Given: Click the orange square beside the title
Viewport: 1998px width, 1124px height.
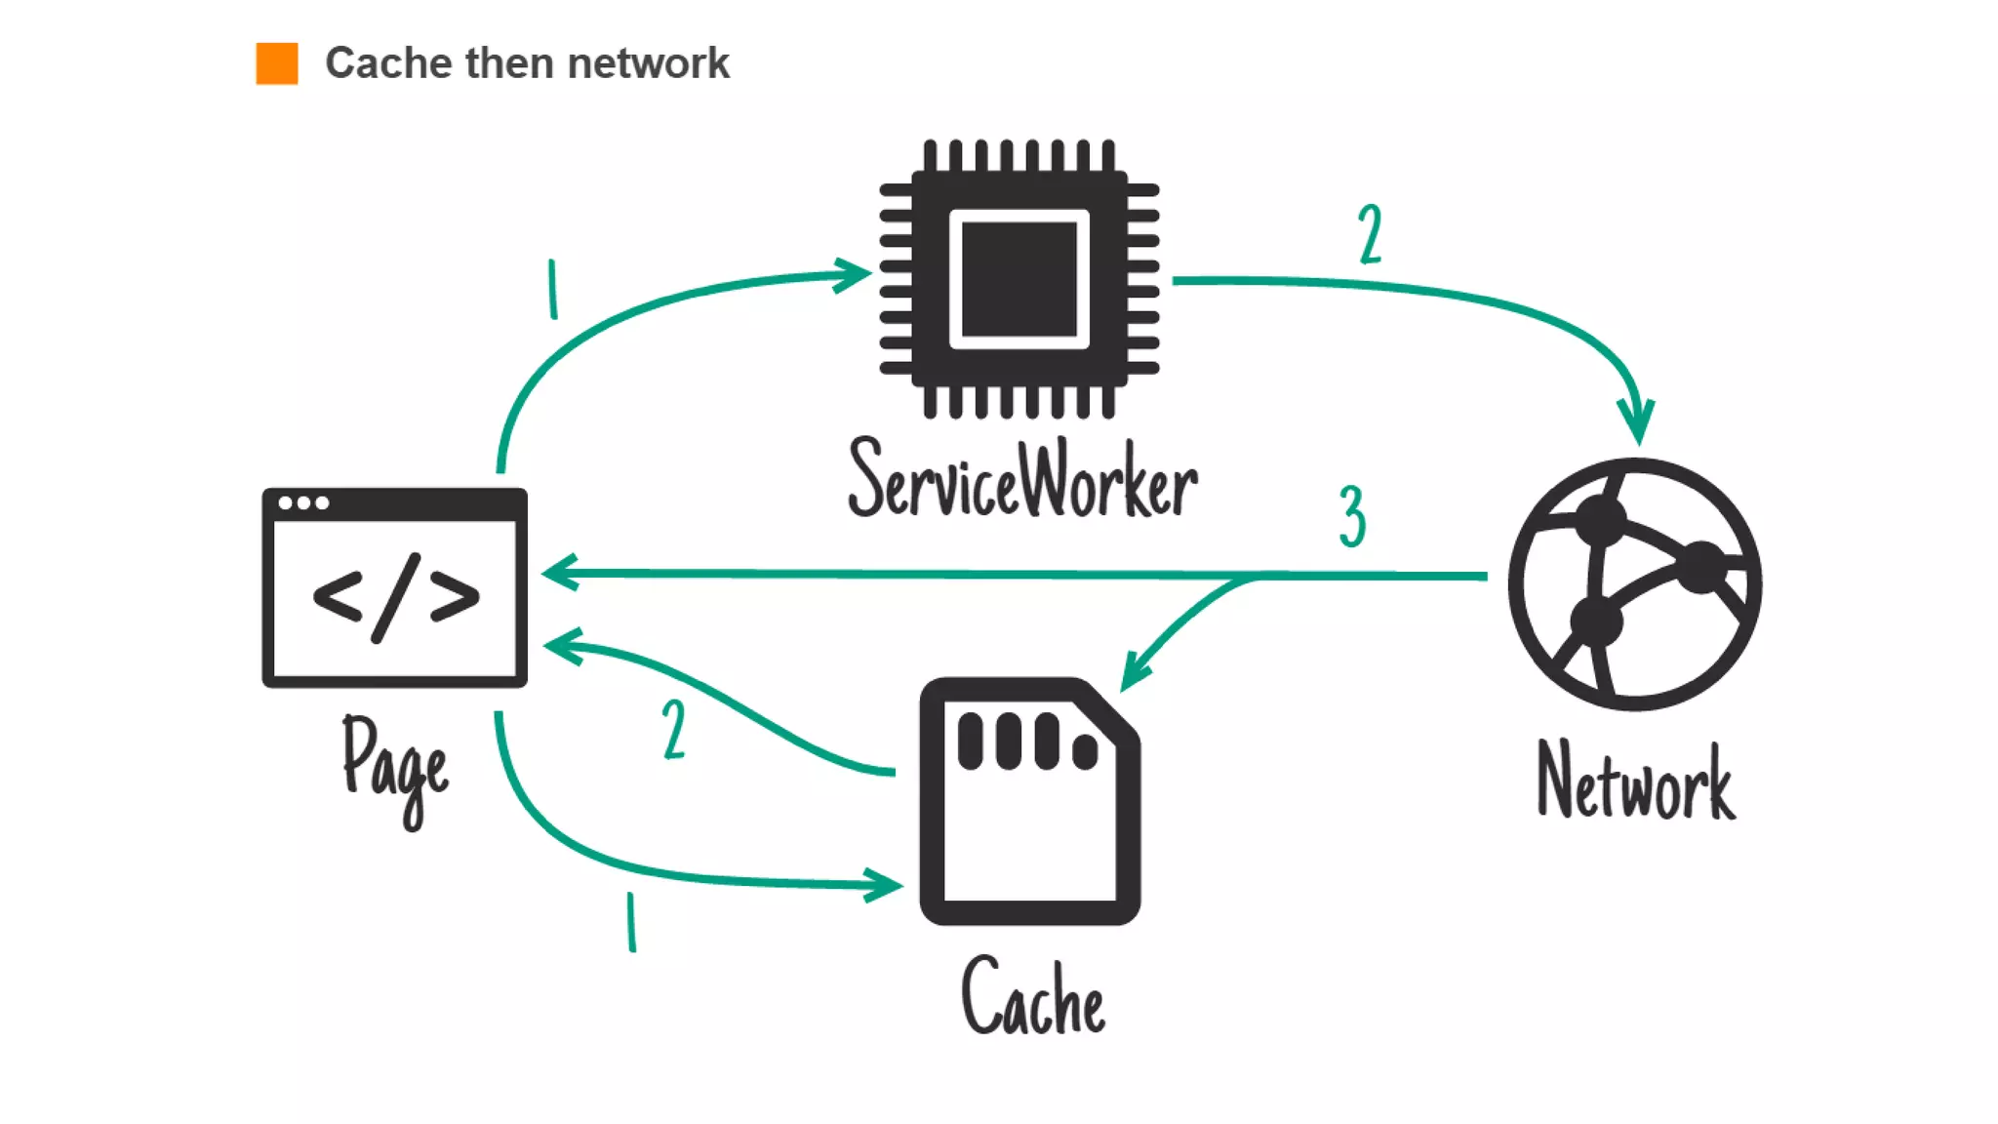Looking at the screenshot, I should pyautogui.click(x=277, y=63).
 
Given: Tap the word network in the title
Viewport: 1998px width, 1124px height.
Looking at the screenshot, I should pyautogui.click(x=648, y=63).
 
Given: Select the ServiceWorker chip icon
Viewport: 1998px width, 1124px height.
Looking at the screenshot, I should pyautogui.click(x=1019, y=279).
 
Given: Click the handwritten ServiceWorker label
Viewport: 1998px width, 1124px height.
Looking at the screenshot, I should pyautogui.click(x=1022, y=480).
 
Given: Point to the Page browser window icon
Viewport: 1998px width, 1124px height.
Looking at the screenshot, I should pyautogui.click(x=394, y=587).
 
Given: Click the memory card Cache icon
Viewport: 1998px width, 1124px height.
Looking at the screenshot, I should pyautogui.click(x=1030, y=802).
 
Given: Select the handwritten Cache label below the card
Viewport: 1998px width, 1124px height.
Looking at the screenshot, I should pyautogui.click(x=1033, y=996).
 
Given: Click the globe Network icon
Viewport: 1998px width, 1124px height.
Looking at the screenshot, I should pyautogui.click(x=1635, y=583).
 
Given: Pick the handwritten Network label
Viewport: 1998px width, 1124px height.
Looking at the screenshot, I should pyautogui.click(x=1635, y=782).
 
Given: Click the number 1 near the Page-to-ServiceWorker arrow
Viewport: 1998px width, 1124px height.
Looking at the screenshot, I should pyautogui.click(x=553, y=289).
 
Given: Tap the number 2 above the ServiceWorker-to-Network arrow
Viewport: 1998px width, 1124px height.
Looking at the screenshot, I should pyautogui.click(x=1370, y=234).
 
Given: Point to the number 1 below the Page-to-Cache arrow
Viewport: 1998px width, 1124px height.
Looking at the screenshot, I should pyautogui.click(x=631, y=921).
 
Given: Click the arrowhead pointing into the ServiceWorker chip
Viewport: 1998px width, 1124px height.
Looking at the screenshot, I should pyautogui.click(x=853, y=274).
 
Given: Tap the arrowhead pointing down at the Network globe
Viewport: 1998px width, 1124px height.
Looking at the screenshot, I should pyautogui.click(x=1636, y=423).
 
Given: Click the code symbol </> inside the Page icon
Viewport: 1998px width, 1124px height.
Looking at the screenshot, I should pyautogui.click(x=395, y=597).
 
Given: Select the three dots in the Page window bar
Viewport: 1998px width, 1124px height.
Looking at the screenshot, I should pyautogui.click(x=303, y=503).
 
